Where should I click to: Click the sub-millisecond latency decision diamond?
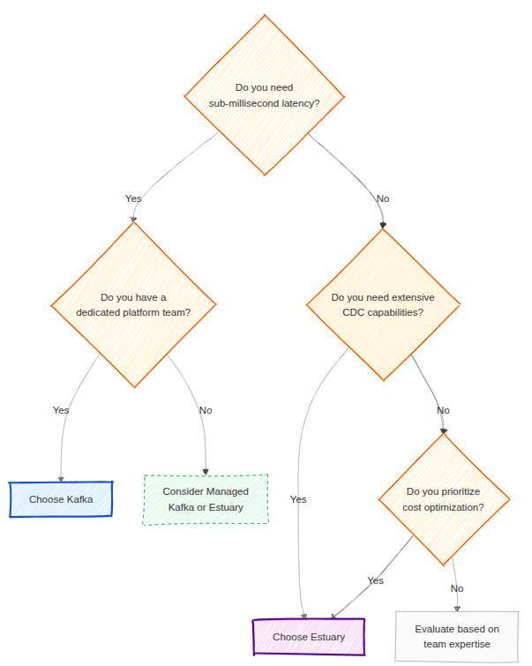[x=264, y=95]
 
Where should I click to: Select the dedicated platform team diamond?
[x=133, y=305]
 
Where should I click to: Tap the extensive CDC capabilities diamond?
[x=383, y=305]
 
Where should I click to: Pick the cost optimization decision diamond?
[x=445, y=499]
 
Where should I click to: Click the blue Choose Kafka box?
[x=61, y=499]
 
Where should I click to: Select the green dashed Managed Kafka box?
[x=206, y=499]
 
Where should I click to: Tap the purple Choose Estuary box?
[x=308, y=637]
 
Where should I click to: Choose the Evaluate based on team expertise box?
[x=456, y=637]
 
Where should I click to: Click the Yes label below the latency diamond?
[x=133, y=198]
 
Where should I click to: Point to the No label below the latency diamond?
[x=383, y=198]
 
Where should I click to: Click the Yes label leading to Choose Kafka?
[x=61, y=410]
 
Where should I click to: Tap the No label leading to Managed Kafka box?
[x=206, y=410]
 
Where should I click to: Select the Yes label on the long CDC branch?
[x=298, y=499]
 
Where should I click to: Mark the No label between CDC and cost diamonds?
[x=443, y=410]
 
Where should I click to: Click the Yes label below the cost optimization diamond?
[x=376, y=580]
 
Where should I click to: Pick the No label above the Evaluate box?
[x=457, y=588]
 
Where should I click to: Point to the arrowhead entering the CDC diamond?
[x=383, y=226]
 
